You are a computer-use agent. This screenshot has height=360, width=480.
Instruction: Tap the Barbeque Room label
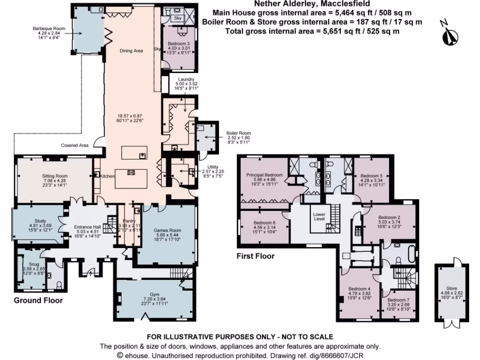[x=49, y=29]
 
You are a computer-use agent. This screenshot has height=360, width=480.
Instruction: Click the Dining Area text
[x=131, y=51]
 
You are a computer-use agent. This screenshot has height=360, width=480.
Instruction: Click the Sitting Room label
[x=55, y=175]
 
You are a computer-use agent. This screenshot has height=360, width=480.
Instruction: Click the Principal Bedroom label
[x=265, y=175]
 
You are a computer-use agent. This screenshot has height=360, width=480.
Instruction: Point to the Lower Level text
[x=319, y=216]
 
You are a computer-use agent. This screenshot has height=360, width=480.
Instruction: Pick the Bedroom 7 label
[x=399, y=300]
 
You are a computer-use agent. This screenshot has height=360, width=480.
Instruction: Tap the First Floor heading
[x=255, y=256]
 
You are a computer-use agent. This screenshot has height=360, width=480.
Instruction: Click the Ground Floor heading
[x=38, y=300]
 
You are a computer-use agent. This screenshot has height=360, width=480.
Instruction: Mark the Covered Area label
[x=75, y=145]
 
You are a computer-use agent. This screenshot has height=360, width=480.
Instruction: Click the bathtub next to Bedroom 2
[x=411, y=255]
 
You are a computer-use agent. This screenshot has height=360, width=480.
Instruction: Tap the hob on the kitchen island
[x=131, y=172]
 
